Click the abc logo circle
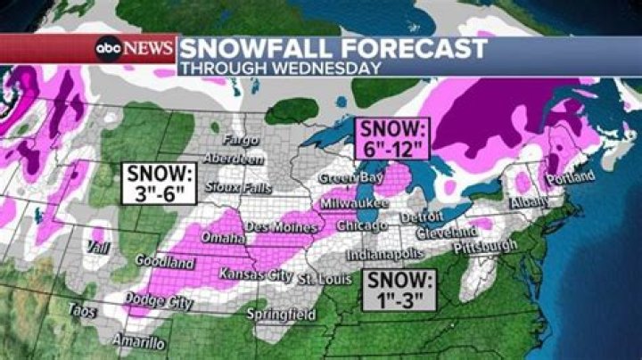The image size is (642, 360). point(110,47)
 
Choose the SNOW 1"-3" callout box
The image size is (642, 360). point(399,290)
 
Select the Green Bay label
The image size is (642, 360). point(340,178)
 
